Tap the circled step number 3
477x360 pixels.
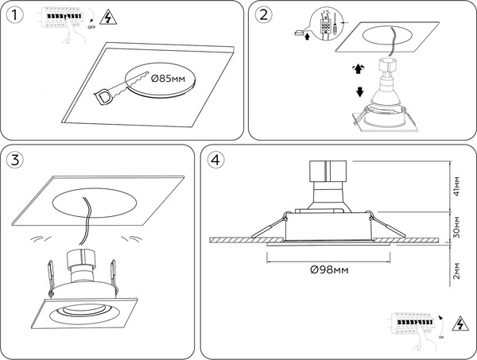point(14,160)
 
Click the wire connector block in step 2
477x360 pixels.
point(325,24)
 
